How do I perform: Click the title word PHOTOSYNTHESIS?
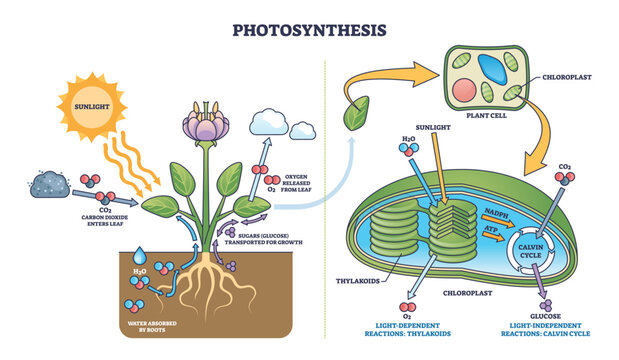(x=308, y=28)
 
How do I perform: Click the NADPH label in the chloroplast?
(x=492, y=211)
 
